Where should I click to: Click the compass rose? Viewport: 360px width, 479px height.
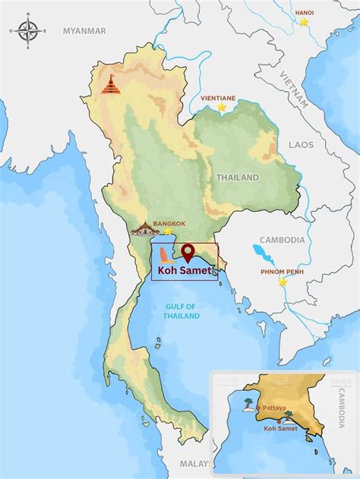[28, 31]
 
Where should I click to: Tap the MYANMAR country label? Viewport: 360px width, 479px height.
[84, 31]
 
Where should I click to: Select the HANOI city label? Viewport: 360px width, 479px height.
[304, 12]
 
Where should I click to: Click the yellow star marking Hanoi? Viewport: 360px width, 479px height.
[304, 23]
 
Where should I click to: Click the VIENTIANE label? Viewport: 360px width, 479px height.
[219, 98]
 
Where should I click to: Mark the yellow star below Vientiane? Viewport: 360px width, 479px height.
[222, 108]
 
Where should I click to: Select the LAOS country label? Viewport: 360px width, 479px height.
[300, 144]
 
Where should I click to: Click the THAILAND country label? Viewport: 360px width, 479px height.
[238, 178]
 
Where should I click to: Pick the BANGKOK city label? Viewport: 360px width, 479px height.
[169, 224]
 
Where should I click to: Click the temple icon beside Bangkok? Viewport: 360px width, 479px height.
[144, 228]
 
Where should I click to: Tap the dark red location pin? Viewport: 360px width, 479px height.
[188, 252]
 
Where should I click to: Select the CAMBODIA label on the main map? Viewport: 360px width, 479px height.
[282, 240]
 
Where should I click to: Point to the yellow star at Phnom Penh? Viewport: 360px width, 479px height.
[283, 282]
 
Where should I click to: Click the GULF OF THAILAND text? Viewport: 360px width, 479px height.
[181, 310]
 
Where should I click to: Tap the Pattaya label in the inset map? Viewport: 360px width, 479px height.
[274, 408]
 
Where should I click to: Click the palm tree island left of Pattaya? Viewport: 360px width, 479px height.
[248, 404]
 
